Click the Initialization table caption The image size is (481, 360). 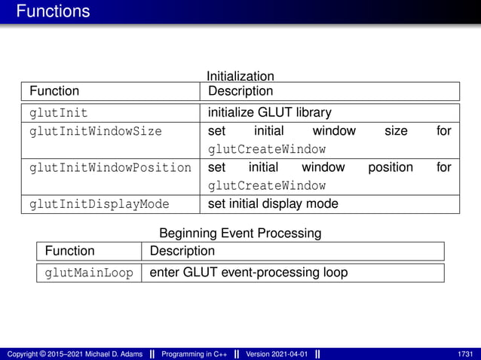coord(240,76)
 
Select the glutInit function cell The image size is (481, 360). coord(58,113)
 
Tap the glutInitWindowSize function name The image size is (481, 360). coord(95,131)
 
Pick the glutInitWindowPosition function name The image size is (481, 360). coord(110,167)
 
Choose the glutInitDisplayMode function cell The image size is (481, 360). coord(99,204)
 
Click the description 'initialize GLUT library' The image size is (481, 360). coord(269,113)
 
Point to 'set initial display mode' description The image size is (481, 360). coord(273,204)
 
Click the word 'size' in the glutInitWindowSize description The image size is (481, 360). coord(396,131)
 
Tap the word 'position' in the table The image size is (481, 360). coord(390,167)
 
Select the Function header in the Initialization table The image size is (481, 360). coord(54,91)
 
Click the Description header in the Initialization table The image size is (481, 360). coord(240,91)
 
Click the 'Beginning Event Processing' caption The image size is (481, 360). coord(240,233)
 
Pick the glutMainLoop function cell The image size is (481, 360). coord(88,273)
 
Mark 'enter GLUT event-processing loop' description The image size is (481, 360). coord(249,273)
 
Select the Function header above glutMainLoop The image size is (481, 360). coord(70,251)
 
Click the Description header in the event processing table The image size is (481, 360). coord(182,251)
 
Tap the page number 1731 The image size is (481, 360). coord(465,354)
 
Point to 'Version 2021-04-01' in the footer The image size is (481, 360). coord(276,354)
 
